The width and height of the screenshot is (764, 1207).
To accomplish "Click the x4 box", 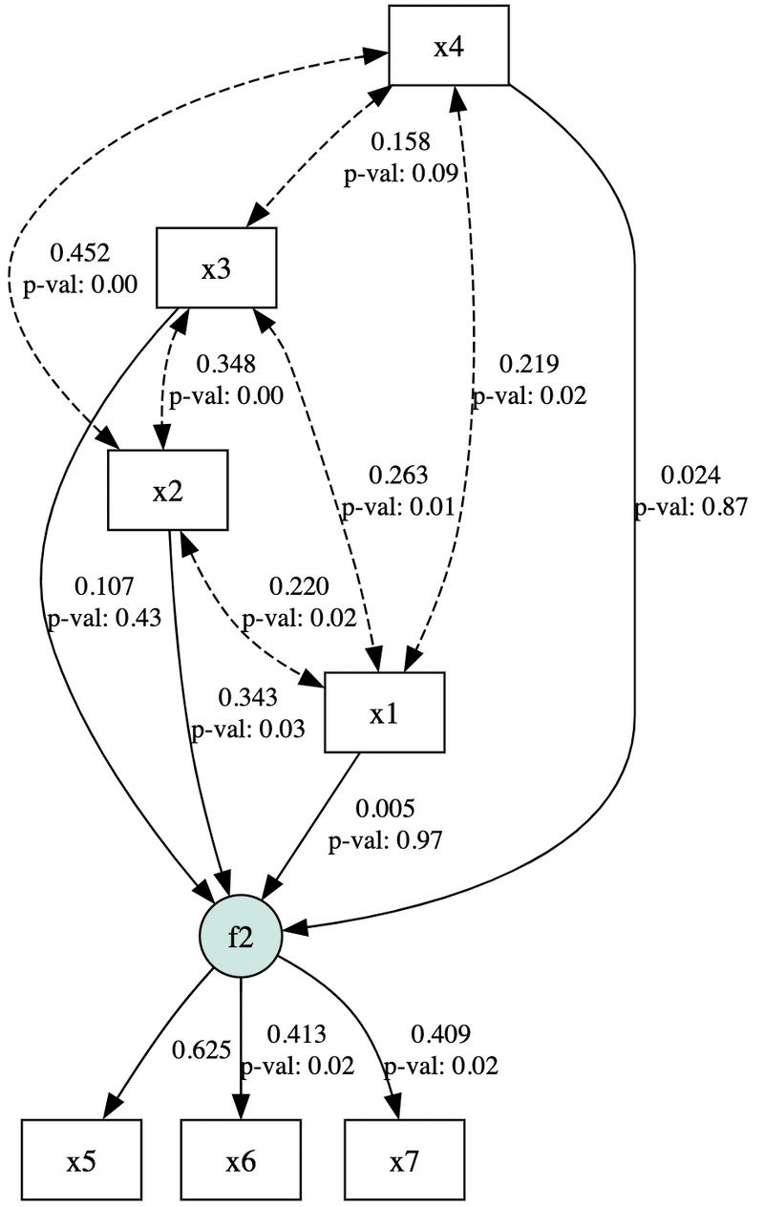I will click(x=448, y=45).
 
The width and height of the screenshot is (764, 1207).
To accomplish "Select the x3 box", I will click(x=216, y=268).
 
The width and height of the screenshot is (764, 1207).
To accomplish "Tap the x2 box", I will click(x=167, y=491).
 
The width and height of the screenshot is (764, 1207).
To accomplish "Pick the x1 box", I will click(x=384, y=712).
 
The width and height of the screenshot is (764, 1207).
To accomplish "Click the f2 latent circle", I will click(x=240, y=936).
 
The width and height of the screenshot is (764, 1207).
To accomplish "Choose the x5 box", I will click(x=81, y=1159).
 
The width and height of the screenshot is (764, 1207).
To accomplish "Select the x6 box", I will click(x=240, y=1159).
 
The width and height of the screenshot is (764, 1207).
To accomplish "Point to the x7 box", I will click(x=404, y=1159).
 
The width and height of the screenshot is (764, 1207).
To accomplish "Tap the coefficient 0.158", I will click(x=401, y=142).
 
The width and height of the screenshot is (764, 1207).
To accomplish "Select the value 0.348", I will click(x=225, y=364).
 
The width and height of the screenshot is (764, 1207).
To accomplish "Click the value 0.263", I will click(x=398, y=475).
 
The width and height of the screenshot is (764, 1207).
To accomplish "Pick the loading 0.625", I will click(x=202, y=1050).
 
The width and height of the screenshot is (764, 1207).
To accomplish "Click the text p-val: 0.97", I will click(x=386, y=841).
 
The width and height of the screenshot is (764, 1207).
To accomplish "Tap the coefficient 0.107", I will click(x=104, y=586).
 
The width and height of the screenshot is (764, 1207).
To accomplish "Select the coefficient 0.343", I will click(x=247, y=698).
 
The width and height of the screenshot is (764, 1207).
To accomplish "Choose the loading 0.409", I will click(x=440, y=1033).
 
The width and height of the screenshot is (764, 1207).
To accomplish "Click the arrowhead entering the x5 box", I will click(x=112, y=1107).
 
